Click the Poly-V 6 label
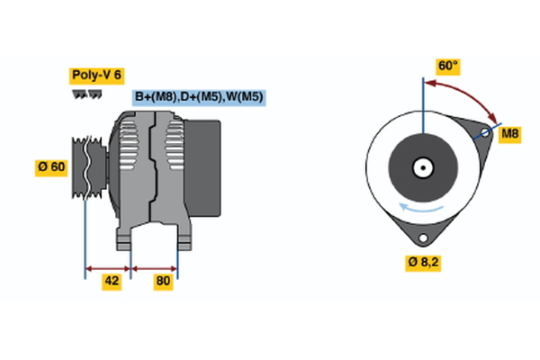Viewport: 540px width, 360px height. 94,76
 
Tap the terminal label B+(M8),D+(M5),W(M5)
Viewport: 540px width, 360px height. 199,97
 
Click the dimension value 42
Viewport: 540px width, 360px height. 111,281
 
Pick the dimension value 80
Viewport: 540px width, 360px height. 163,281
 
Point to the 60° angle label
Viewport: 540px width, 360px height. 447,66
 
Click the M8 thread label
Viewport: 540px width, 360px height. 509,134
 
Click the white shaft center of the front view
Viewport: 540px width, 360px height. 421,166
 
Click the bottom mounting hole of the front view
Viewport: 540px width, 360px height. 421,238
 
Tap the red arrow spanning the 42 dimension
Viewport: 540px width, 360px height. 108,267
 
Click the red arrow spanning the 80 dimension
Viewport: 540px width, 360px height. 155,267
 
